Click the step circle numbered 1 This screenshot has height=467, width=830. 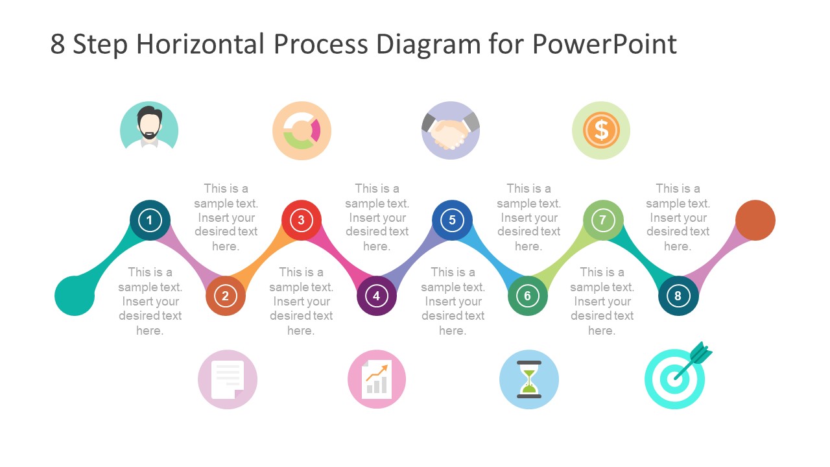point(150,220)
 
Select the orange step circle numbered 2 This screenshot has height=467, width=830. point(226,296)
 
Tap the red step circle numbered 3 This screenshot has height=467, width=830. point(301,220)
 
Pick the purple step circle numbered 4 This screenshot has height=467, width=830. point(377,296)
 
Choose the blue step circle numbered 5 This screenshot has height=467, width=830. point(452,220)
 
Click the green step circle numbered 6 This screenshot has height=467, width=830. point(528,296)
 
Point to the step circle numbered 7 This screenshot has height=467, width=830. point(603,220)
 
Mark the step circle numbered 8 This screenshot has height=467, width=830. point(678,296)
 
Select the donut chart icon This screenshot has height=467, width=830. point(302,130)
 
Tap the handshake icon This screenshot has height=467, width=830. point(451,130)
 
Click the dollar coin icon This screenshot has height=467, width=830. point(601,130)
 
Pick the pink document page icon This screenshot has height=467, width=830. point(228,379)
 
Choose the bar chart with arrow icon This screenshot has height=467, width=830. point(377,379)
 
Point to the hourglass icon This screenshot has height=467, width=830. point(529,379)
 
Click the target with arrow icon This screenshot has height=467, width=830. point(676,378)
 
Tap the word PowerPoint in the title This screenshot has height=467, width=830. point(604,44)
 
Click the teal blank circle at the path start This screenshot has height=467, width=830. point(75,296)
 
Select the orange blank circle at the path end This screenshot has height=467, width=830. point(755,221)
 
